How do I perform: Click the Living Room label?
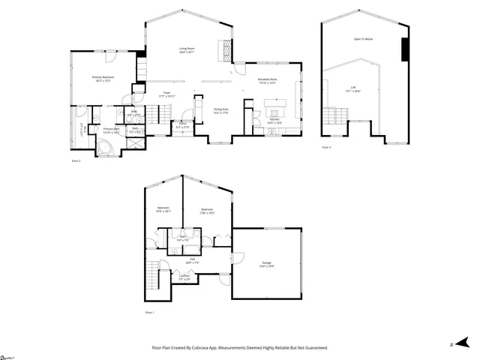coord(186,50)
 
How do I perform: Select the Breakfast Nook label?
coord(268,81)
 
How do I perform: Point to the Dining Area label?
coord(220,111)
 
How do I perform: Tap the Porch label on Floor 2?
coord(182,125)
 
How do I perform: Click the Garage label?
coord(267,263)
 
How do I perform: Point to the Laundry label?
coord(184,276)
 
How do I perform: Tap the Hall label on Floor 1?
coord(192,259)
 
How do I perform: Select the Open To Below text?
coord(363,39)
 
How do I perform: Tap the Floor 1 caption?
coord(149,312)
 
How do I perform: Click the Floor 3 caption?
coord(326,148)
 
